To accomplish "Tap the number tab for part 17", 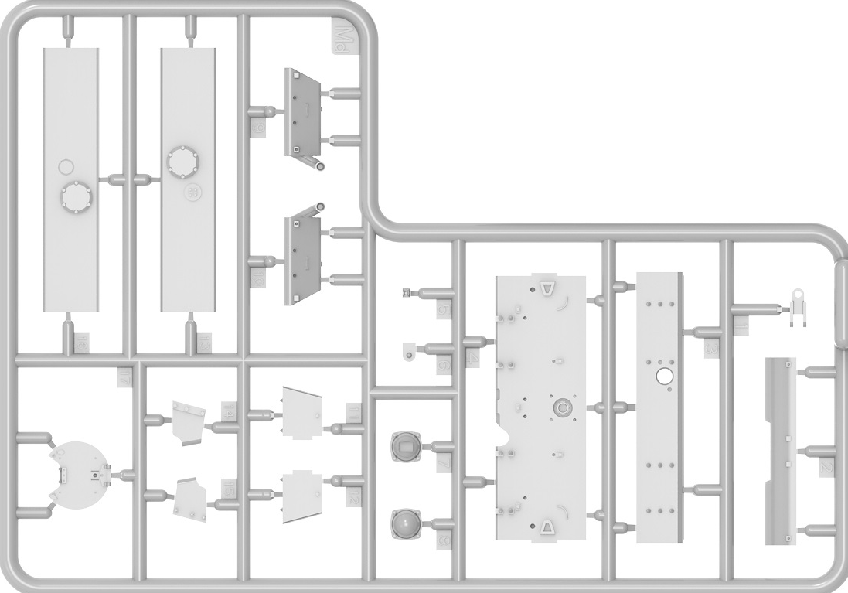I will click(x=127, y=377).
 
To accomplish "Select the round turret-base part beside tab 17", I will click(x=79, y=473).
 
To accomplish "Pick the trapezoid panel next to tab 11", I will click(x=302, y=412).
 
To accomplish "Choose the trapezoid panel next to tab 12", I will click(x=302, y=496).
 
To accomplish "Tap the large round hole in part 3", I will click(x=664, y=377).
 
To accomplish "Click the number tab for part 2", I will click(x=826, y=469).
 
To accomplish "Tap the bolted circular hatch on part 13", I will click(x=183, y=161).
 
